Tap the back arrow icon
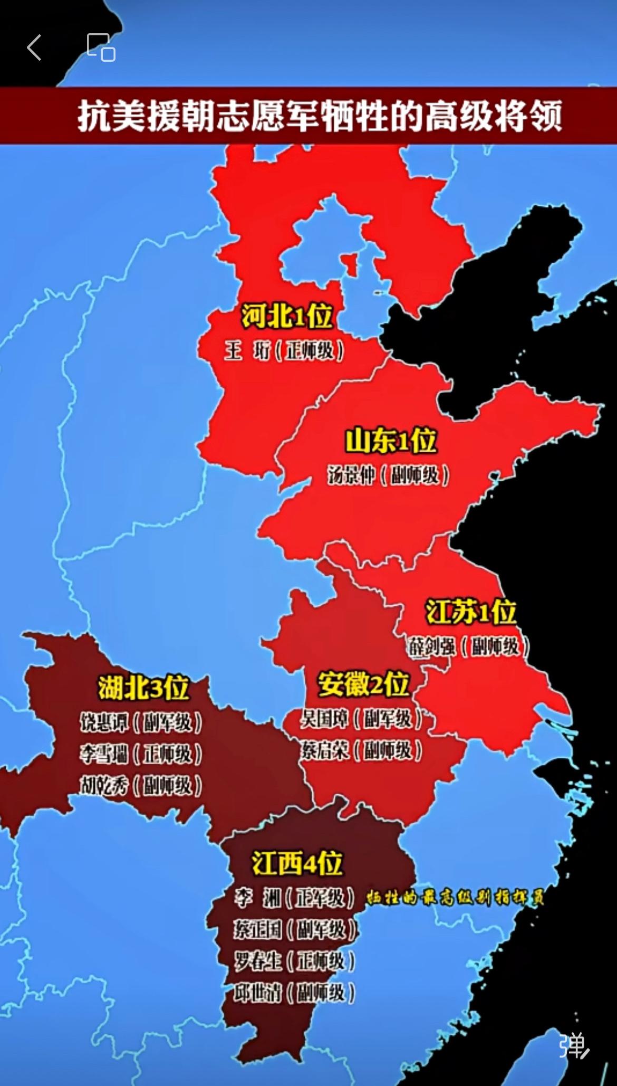click(x=34, y=48)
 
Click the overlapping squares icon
click(x=101, y=47)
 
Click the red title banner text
click(x=320, y=116)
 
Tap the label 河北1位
click(x=287, y=316)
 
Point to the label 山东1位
click(x=391, y=441)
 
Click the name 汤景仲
click(x=351, y=475)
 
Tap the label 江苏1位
click(x=471, y=612)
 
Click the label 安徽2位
click(x=363, y=684)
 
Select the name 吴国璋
click(x=324, y=719)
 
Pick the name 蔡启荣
click(x=324, y=750)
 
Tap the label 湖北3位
click(x=143, y=688)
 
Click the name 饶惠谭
click(x=104, y=722)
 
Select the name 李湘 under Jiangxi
click(x=258, y=898)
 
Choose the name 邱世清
click(x=258, y=993)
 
